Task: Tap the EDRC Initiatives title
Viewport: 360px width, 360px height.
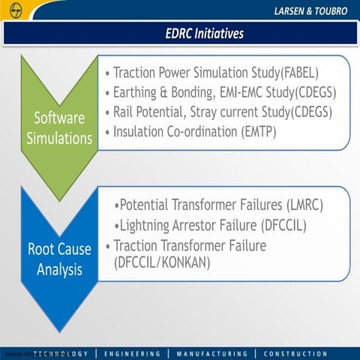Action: [204, 34]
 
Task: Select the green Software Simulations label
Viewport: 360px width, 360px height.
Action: [62, 127]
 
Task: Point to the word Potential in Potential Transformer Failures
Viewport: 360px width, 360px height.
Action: [146, 205]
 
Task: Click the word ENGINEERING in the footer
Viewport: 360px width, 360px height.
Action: [133, 353]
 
